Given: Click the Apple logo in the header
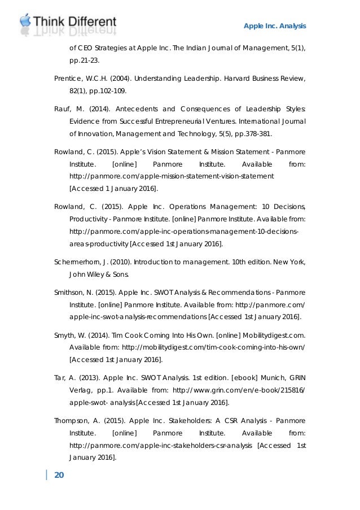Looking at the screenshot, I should [25, 21].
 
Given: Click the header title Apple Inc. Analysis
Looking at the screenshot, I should [274, 26].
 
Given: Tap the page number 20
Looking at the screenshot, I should [59, 474].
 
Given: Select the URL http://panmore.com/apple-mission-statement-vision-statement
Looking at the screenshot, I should [172, 176].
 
